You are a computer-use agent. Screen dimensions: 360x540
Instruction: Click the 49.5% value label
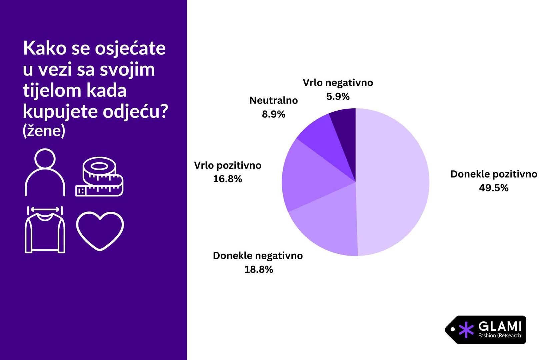click(x=494, y=188)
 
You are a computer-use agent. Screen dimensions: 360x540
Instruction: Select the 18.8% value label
click(x=259, y=269)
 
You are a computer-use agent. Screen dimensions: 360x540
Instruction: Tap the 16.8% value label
click(x=227, y=179)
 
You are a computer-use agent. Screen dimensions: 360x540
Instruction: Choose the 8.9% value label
click(x=273, y=114)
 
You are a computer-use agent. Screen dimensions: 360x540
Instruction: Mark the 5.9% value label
click(x=338, y=97)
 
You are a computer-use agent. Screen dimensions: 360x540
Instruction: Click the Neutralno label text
click(x=273, y=100)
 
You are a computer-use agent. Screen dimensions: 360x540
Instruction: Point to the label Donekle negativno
click(x=258, y=256)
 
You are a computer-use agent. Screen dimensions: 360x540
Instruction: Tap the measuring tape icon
click(x=99, y=177)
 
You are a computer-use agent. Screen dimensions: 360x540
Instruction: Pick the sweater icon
click(x=45, y=230)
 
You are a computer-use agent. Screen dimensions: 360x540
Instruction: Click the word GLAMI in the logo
click(x=499, y=326)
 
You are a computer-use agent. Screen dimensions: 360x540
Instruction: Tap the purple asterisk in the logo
click(x=466, y=330)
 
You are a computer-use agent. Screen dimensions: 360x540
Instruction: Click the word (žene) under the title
click(x=44, y=131)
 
